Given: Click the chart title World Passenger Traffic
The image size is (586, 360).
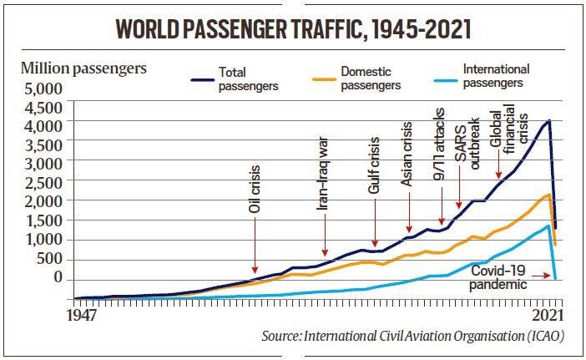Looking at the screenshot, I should pyautogui.click(x=293, y=31).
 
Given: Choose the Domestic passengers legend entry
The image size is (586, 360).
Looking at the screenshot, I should pyautogui.click(x=369, y=79).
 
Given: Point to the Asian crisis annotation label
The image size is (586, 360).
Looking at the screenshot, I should pyautogui.click(x=409, y=163).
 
